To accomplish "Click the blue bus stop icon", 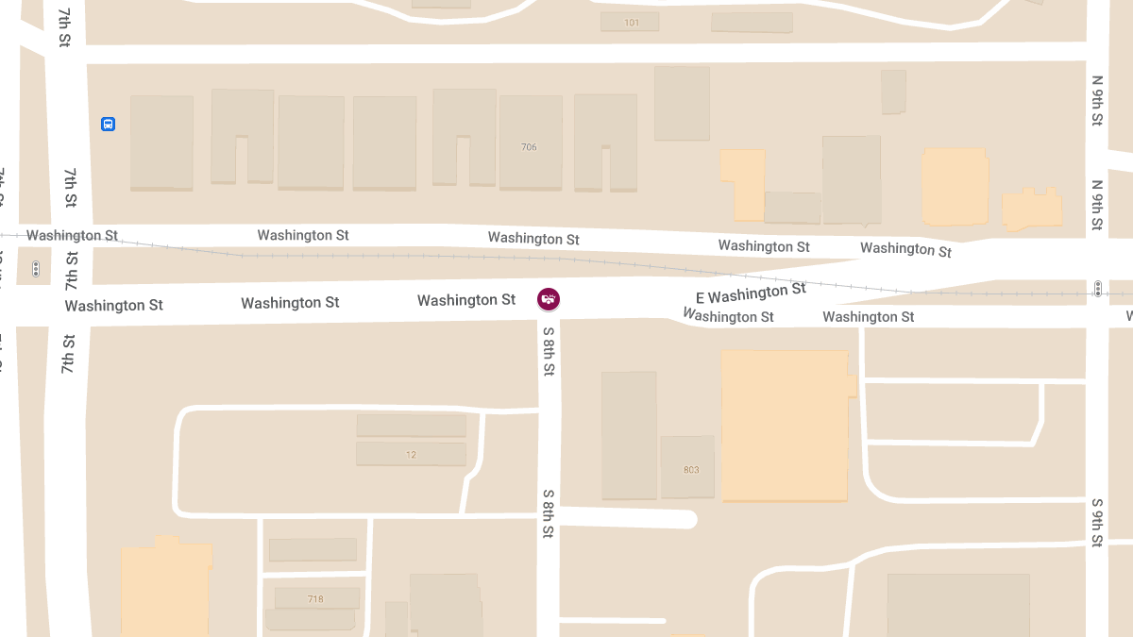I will click(x=108, y=124).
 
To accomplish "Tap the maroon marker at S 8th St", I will click(x=548, y=299).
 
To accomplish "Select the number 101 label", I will click(x=632, y=22).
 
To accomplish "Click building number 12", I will click(x=411, y=455).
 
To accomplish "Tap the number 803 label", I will click(x=691, y=469).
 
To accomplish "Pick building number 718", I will click(x=315, y=599).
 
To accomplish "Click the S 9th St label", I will click(x=1096, y=522).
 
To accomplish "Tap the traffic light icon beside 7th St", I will click(x=36, y=269).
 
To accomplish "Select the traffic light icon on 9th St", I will click(x=1097, y=289).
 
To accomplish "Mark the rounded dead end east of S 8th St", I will click(x=685, y=519).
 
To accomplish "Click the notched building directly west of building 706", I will click(x=464, y=137).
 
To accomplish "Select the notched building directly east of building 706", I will click(x=605, y=142).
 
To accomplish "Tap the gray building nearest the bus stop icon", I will click(x=161, y=142).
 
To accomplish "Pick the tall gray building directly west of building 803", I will click(x=629, y=434).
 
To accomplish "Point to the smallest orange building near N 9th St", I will click(x=1032, y=210).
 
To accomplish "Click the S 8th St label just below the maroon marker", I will click(x=549, y=351).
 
